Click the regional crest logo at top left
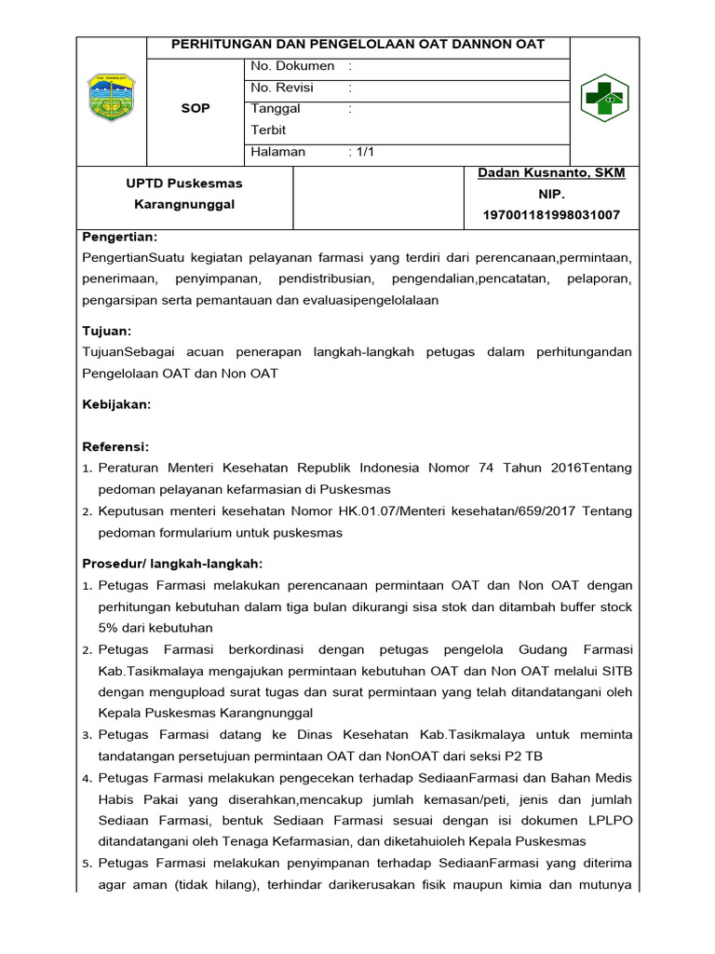pyautogui.click(x=111, y=98)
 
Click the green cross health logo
pyautogui.click(x=604, y=98)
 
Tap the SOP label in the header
pyautogui.click(x=196, y=108)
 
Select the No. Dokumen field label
pyautogui.click(x=292, y=66)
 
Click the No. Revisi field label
pyautogui.click(x=282, y=88)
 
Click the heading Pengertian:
pyautogui.click(x=120, y=238)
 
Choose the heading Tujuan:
pyautogui.click(x=107, y=331)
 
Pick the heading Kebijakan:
pyautogui.click(x=116, y=404)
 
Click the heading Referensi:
pyautogui.click(x=115, y=447)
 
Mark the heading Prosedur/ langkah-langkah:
pyautogui.click(x=173, y=564)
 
